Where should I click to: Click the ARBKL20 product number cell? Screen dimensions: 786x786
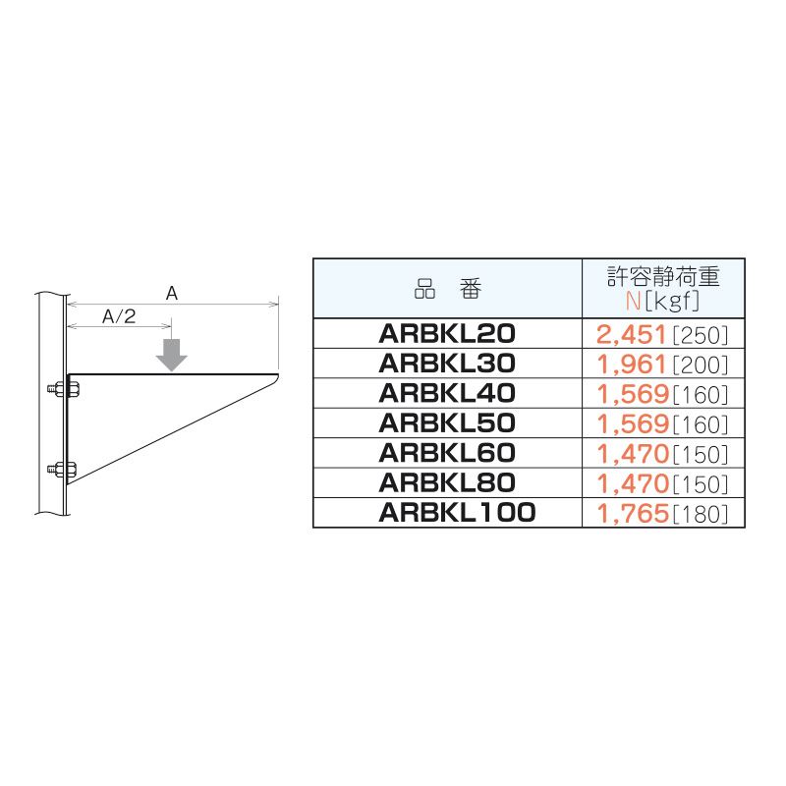click(447, 334)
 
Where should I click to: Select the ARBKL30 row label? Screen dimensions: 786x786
click(447, 364)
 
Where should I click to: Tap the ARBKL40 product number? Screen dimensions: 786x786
click(447, 393)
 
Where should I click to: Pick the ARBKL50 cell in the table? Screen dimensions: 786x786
click(447, 423)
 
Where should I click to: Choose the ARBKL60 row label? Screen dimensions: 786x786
click(447, 453)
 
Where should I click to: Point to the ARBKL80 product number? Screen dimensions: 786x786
click(447, 482)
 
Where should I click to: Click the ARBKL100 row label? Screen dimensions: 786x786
click(457, 512)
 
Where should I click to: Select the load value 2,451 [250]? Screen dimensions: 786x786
click(661, 335)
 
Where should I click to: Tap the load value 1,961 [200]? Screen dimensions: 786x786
click(661, 365)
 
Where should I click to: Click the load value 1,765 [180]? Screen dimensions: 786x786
click(661, 513)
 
